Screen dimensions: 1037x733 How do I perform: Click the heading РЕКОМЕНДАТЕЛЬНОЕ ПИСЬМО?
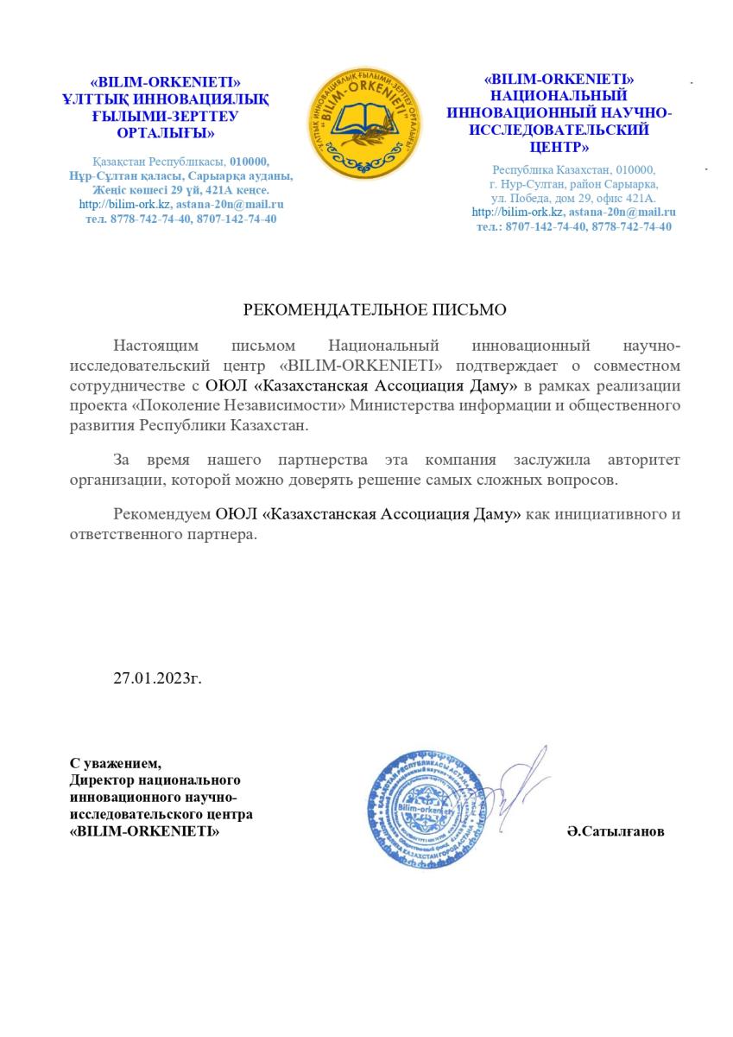pyautogui.click(x=374, y=309)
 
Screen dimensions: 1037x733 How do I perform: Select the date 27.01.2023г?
pyautogui.click(x=157, y=677)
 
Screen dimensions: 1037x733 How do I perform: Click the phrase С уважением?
pyautogui.click(x=115, y=763)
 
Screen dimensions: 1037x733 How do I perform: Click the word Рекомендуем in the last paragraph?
pyautogui.click(x=161, y=514)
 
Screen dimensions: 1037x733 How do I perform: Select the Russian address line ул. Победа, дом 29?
pyautogui.click(x=573, y=198)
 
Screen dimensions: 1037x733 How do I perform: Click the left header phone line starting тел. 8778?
pyautogui.click(x=181, y=219)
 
